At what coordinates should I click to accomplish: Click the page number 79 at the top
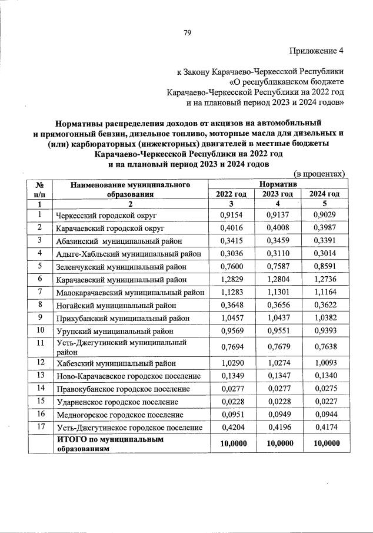[x=186, y=32]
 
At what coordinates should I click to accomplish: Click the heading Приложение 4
[x=317, y=51]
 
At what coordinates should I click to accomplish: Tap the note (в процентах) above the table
[x=318, y=174]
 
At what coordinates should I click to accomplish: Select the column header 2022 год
[x=231, y=194]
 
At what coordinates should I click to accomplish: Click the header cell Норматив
[x=278, y=184]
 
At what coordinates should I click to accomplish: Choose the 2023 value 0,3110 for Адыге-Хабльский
[x=278, y=253]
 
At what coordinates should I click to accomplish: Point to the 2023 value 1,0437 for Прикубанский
[x=278, y=317]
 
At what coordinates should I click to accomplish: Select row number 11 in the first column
[x=41, y=342]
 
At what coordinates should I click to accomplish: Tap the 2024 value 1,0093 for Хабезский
[x=324, y=363]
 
